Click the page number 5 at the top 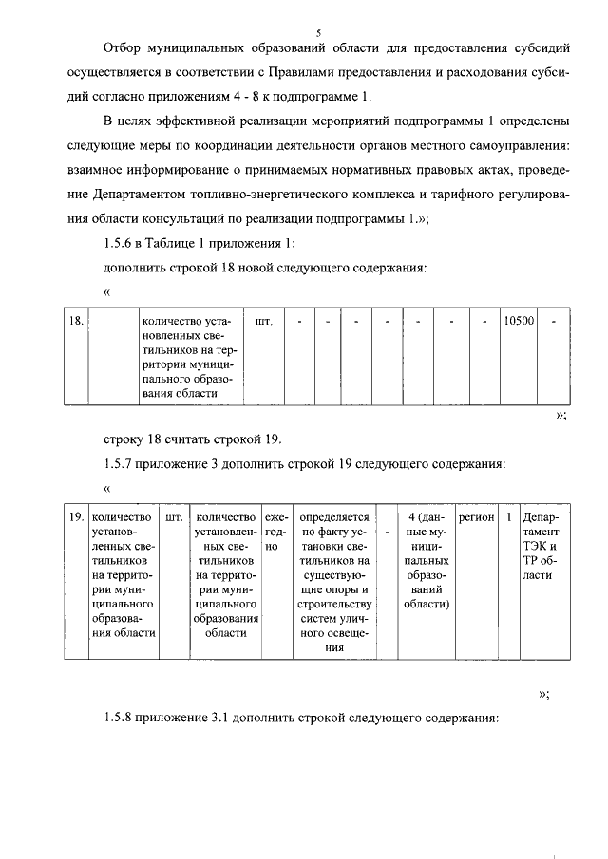pos(319,31)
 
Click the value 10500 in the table pos(519,322)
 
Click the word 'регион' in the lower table pos(476,517)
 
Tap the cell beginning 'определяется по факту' pos(333,579)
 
